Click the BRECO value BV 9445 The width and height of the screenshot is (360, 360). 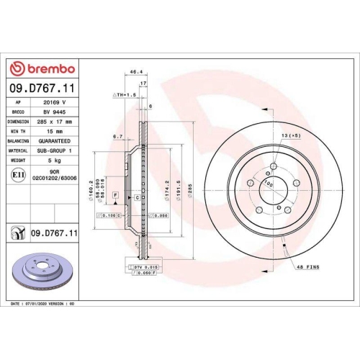click(x=55, y=112)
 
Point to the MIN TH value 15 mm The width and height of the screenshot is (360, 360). click(x=55, y=132)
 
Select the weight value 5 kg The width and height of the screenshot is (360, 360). click(x=55, y=161)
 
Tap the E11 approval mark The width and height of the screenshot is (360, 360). click(x=17, y=174)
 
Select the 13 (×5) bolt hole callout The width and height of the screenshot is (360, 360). click(x=290, y=136)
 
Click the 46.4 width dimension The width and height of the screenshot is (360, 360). click(x=134, y=72)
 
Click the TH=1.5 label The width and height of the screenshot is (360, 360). click(x=124, y=94)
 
